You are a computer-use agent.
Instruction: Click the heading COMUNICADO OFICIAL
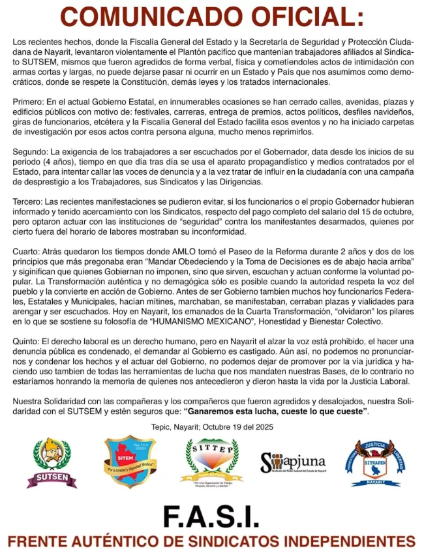[212, 16]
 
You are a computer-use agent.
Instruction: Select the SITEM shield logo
[129, 462]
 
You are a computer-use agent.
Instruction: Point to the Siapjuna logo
[292, 462]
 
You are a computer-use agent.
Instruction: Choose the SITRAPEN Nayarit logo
[373, 462]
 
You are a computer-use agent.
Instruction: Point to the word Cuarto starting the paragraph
[27, 251]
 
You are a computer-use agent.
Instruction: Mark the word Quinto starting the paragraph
[26, 342]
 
